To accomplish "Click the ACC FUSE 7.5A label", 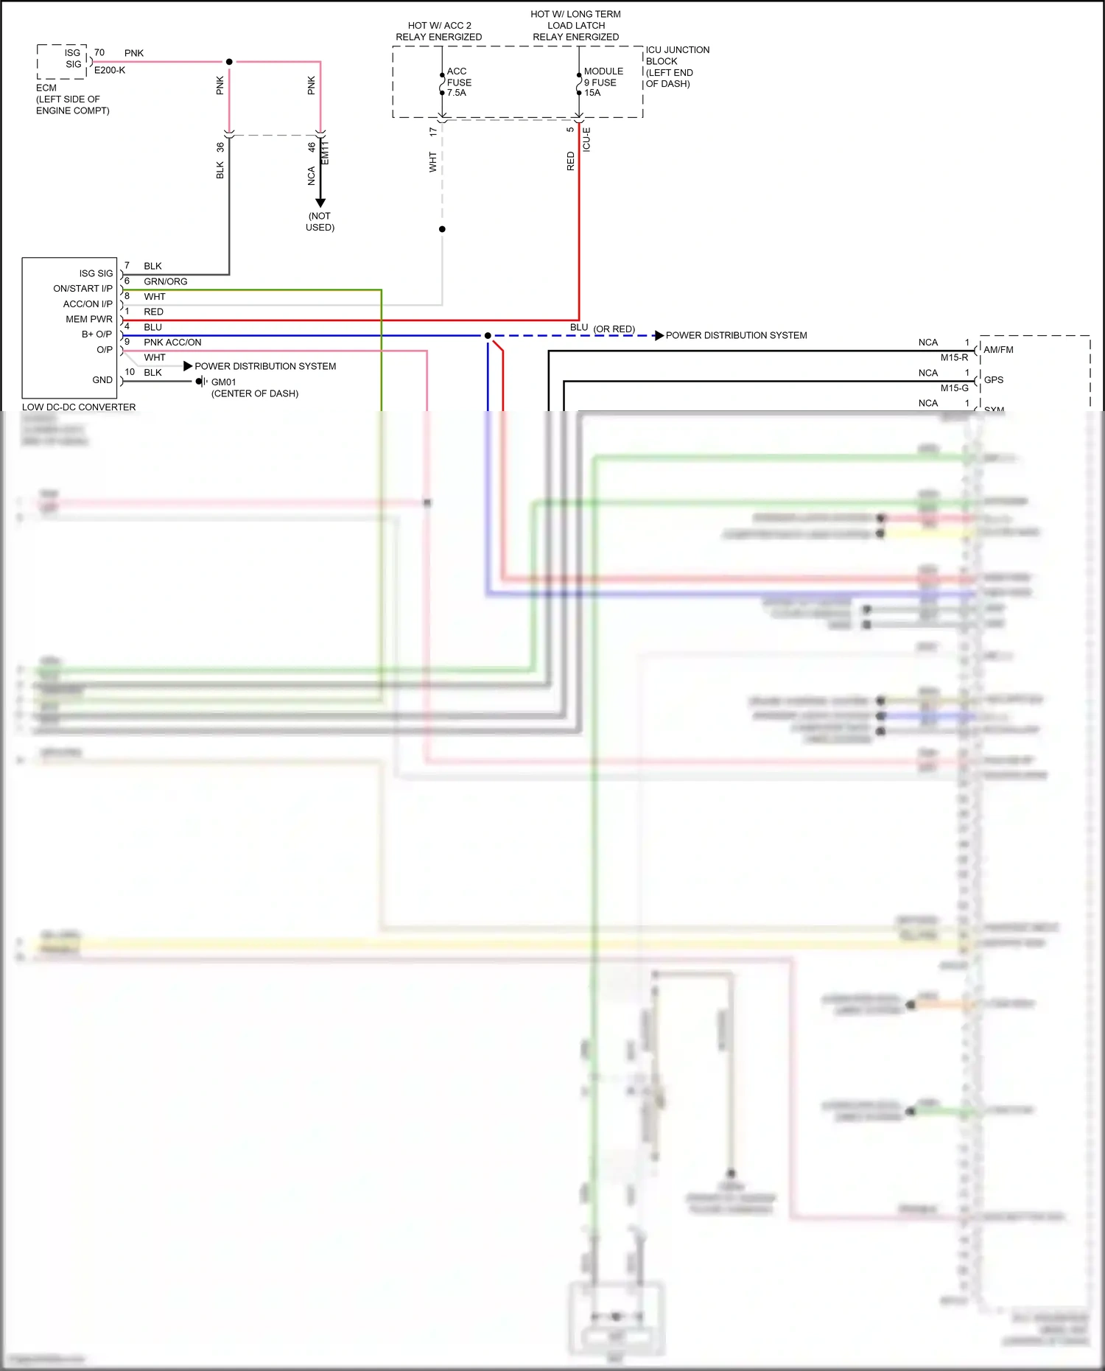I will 458,82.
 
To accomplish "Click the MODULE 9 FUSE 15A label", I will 603,82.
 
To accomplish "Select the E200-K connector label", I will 110,71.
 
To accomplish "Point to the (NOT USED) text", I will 320,222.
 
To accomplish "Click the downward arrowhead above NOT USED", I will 320,203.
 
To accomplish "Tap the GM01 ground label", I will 223,382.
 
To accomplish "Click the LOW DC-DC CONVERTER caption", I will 79,407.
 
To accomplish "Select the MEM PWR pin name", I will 89,319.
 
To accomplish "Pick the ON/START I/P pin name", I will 83,289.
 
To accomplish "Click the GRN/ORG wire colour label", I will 165,281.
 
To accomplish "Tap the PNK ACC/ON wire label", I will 172,343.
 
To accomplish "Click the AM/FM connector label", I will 998,350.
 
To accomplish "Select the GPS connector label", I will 994,380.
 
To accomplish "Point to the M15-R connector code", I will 954,358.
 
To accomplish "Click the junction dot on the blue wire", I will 488,336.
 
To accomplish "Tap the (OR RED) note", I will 614,329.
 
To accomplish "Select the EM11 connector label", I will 325,153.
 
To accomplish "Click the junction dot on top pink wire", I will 229,62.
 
